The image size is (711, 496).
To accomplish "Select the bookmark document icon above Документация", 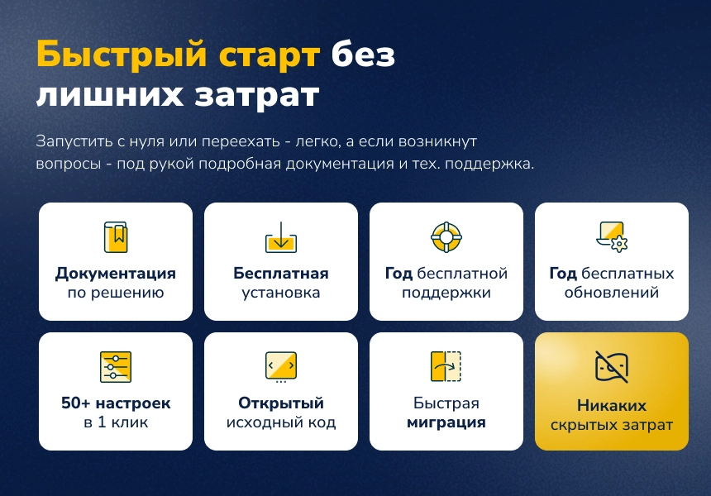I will click(x=116, y=237).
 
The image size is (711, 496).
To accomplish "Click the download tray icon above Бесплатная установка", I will click(x=281, y=237).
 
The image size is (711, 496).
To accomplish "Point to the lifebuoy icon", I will click(x=446, y=237).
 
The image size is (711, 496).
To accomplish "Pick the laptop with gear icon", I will click(x=612, y=236).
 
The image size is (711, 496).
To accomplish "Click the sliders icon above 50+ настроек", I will click(x=116, y=367).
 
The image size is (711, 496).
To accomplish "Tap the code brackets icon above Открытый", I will click(x=281, y=366).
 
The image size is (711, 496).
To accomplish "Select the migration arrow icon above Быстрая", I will click(x=446, y=366).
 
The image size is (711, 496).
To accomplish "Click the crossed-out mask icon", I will click(x=612, y=367).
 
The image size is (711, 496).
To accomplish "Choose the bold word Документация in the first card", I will click(x=116, y=274).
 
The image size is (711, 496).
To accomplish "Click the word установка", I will click(x=281, y=293).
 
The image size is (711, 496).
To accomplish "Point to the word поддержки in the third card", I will click(x=446, y=293).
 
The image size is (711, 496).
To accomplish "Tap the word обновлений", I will click(x=612, y=293).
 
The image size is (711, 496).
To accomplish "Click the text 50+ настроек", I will click(x=116, y=403).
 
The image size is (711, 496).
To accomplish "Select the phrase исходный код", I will click(x=281, y=423).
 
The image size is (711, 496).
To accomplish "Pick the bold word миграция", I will click(x=446, y=422).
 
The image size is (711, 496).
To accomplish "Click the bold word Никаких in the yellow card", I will click(x=612, y=406).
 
